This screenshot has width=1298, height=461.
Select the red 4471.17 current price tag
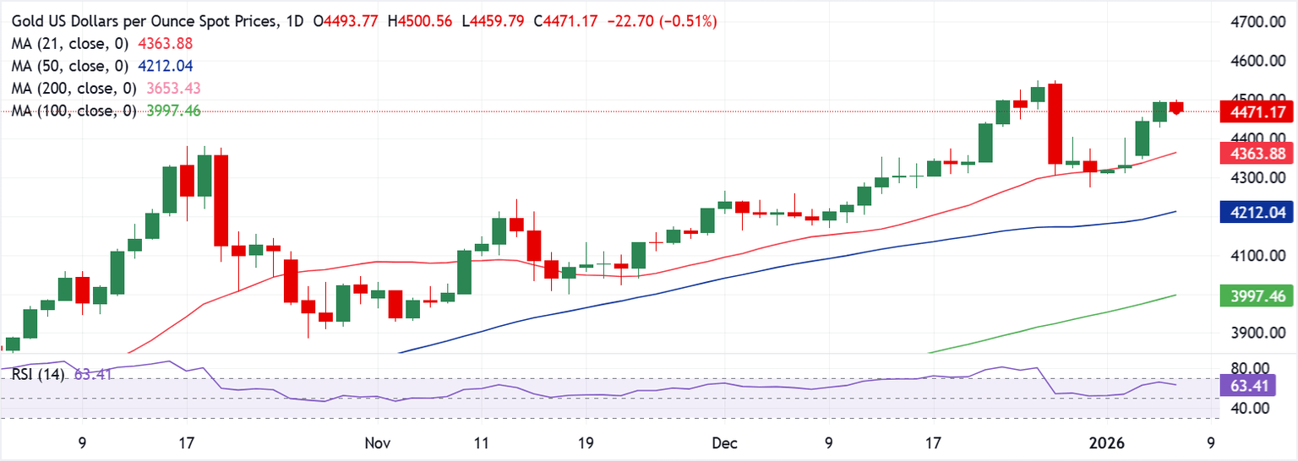tap(1251, 111)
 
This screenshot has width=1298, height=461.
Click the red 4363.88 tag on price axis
tap(1251, 153)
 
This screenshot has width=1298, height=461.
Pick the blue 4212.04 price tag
tap(1251, 214)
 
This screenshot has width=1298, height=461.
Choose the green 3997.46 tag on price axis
tap(1251, 296)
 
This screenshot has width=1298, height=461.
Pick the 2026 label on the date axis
tap(1107, 442)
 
